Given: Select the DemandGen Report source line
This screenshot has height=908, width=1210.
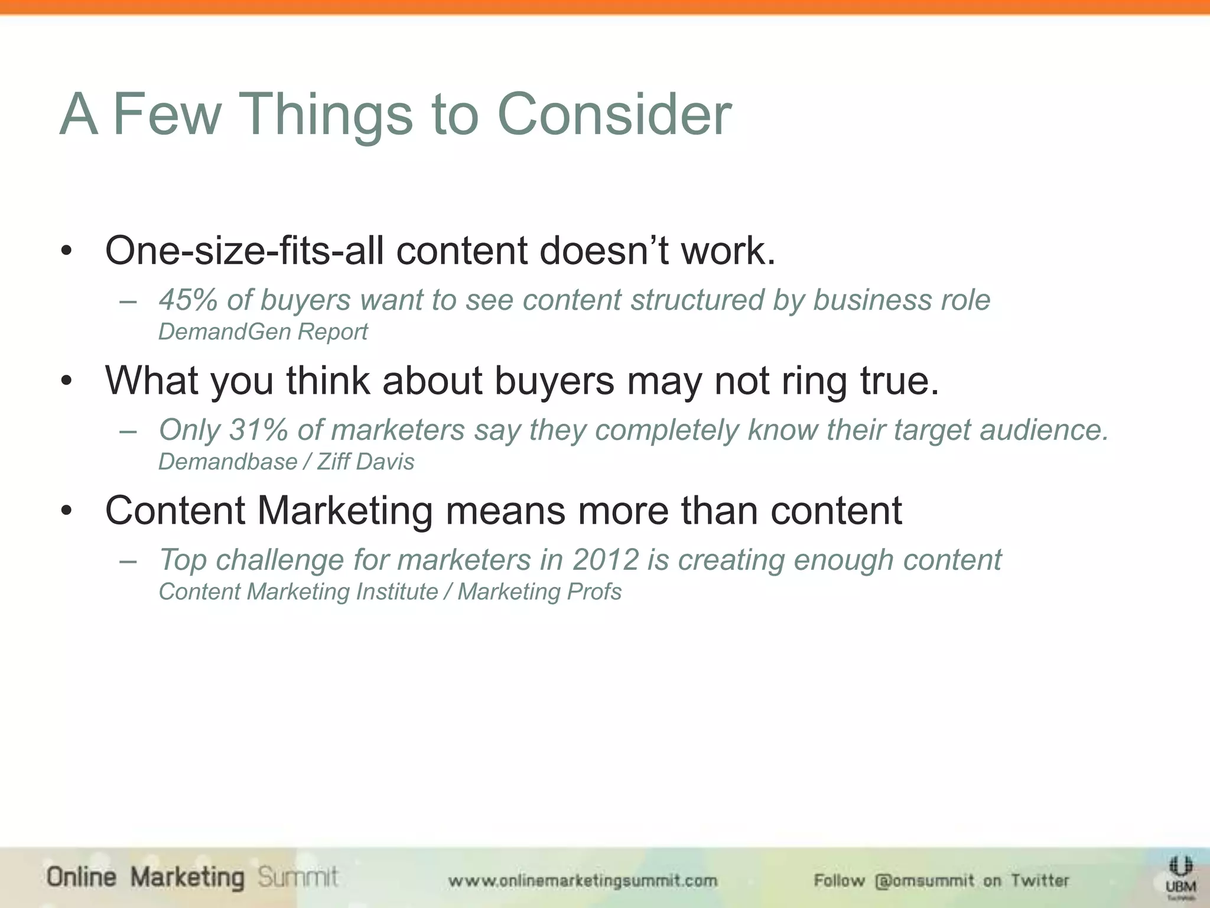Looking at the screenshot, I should click(x=263, y=332).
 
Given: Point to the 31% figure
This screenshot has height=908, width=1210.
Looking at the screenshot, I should click(x=258, y=430).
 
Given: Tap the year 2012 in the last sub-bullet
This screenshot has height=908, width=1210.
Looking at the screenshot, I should click(x=606, y=560).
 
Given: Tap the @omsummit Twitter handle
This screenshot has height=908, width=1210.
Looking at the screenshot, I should click(x=925, y=881).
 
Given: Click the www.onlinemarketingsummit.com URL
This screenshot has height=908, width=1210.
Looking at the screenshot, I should click(x=583, y=881).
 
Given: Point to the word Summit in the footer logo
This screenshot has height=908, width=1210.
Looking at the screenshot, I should click(x=298, y=877).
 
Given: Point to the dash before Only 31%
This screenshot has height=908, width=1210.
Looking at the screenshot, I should click(x=128, y=431).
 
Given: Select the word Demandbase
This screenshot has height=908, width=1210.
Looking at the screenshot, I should click(x=227, y=462).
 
